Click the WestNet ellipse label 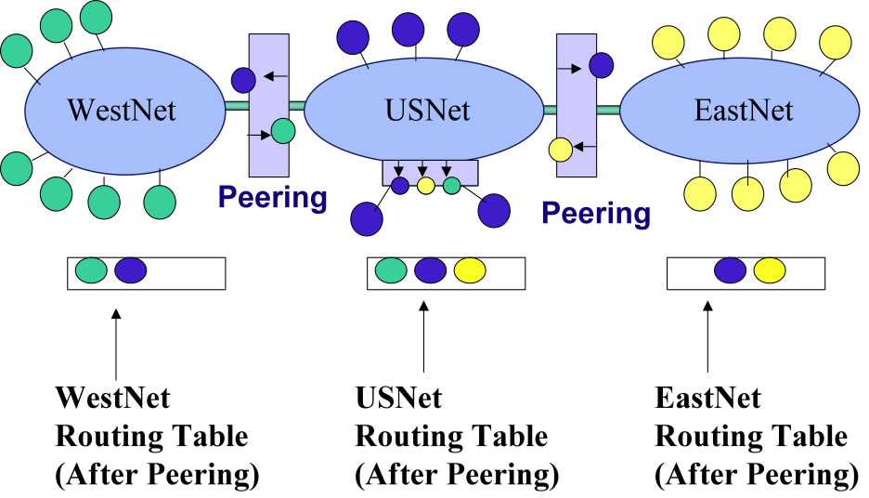[x=122, y=111]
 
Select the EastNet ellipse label [x=744, y=111]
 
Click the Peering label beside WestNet [x=272, y=197]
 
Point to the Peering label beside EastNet [x=596, y=213]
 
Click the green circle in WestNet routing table [x=91, y=270]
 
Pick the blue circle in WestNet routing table [x=131, y=270]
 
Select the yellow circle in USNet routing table [x=470, y=270]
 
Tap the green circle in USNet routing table [x=391, y=270]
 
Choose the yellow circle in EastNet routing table [x=770, y=270]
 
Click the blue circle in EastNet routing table [x=730, y=270]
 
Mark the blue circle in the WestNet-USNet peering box [x=243, y=80]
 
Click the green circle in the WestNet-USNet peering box [x=283, y=132]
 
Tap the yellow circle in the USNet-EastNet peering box [x=560, y=149]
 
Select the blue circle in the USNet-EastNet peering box [x=601, y=65]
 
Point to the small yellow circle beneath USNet [x=425, y=186]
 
